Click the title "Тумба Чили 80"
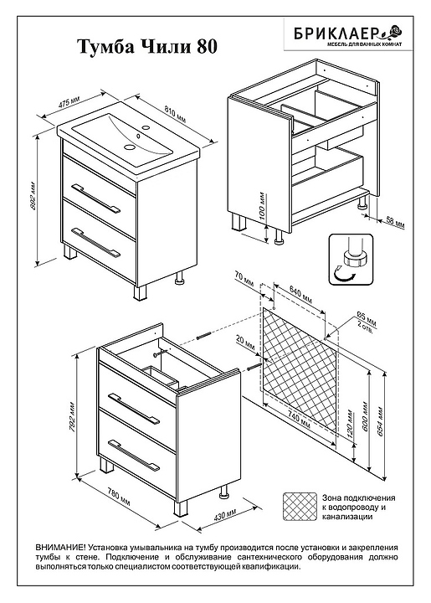[x=148, y=47]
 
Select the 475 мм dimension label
[x=69, y=104]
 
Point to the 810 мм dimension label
[x=175, y=114]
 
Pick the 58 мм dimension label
[x=395, y=223]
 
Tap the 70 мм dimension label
[x=244, y=278]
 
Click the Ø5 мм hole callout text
[x=367, y=319]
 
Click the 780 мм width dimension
[x=118, y=497]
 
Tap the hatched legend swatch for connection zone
[x=300, y=507]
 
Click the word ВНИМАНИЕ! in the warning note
[x=61, y=547]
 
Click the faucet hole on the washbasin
[x=146, y=127]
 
